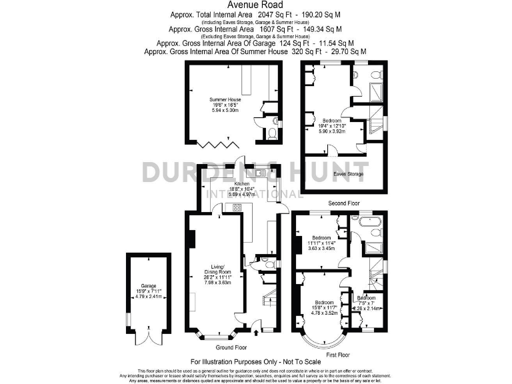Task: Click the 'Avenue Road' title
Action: point(255,5)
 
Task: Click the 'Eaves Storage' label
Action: point(348,174)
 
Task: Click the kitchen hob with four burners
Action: point(237,208)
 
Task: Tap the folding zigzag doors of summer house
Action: point(217,143)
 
